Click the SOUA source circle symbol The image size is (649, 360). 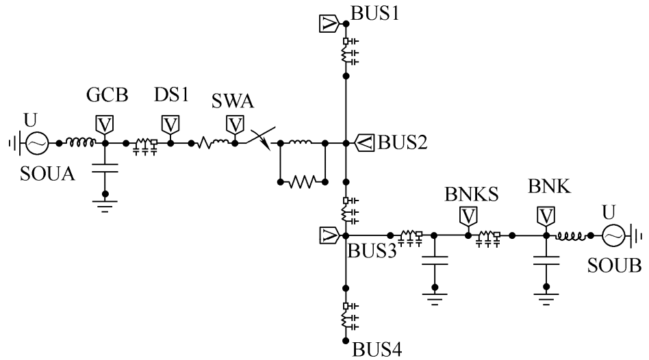pyautogui.click(x=36, y=144)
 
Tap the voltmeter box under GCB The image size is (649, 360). pyautogui.click(x=105, y=125)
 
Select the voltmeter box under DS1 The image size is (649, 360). pyautogui.click(x=170, y=125)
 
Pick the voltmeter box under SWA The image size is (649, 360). pyautogui.click(x=235, y=125)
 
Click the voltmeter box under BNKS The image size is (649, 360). pyautogui.click(x=468, y=216)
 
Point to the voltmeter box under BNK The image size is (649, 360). pyautogui.click(x=546, y=216)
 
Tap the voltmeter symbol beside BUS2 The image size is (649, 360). pyautogui.click(x=367, y=143)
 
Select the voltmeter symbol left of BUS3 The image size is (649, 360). pyautogui.click(x=329, y=236)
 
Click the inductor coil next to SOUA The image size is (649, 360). pyautogui.click(x=81, y=142)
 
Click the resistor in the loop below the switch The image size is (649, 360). pyautogui.click(x=302, y=182)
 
